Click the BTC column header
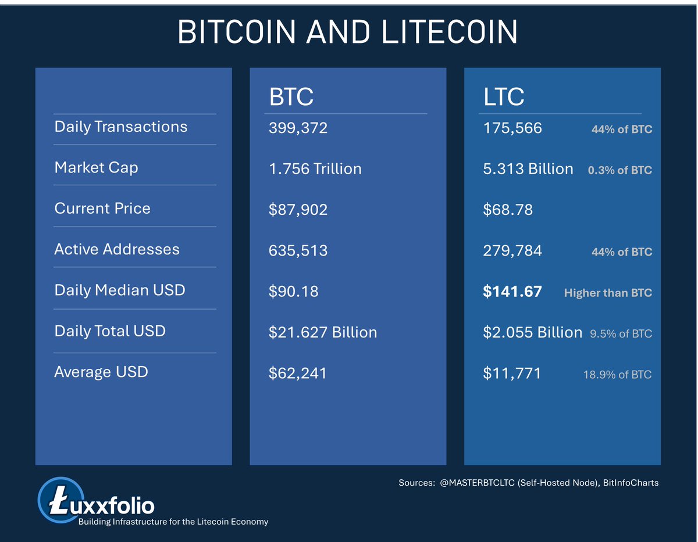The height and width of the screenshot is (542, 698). [x=291, y=96]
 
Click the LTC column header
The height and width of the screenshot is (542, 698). [x=504, y=96]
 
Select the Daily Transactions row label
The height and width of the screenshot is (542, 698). [x=121, y=127]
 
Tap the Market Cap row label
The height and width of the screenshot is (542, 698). [x=96, y=167]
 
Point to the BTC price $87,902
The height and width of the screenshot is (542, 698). [x=298, y=209]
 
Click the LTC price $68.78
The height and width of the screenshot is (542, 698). [x=508, y=209]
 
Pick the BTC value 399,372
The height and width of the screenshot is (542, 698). [x=298, y=128]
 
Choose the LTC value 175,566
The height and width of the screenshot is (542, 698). [x=512, y=128]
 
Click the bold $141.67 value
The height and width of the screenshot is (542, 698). [x=512, y=292]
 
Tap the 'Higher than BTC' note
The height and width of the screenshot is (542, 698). [x=608, y=293]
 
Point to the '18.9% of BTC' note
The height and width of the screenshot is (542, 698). [x=617, y=375]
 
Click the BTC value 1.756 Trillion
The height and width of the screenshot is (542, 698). [x=315, y=169]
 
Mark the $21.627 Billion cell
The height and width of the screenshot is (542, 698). [x=323, y=332]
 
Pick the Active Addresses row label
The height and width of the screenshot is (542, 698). [x=117, y=249]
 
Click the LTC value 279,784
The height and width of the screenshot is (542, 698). [x=512, y=250]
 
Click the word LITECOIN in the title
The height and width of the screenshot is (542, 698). [x=450, y=33]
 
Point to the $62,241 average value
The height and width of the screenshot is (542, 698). [x=298, y=374]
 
